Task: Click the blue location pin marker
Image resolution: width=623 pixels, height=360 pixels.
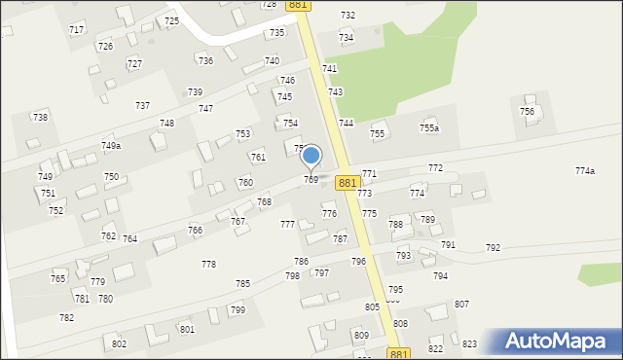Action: (311, 156)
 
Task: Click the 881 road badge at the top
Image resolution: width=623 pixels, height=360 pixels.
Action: (299, 5)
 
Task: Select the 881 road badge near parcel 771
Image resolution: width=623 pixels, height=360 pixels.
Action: (348, 182)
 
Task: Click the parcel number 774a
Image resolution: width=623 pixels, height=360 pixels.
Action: (584, 171)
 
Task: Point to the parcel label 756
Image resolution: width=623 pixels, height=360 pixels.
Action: (527, 112)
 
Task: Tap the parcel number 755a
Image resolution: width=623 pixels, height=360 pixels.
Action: (428, 128)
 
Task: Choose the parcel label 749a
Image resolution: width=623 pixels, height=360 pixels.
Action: (111, 146)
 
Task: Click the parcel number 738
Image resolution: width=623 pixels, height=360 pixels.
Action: (40, 117)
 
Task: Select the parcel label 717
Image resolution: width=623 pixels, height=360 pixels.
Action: (76, 30)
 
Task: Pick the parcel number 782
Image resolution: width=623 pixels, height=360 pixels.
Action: (66, 318)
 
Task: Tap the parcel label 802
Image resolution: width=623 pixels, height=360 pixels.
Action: (119, 344)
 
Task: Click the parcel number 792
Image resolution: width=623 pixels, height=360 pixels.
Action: (493, 248)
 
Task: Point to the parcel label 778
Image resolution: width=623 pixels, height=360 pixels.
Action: (208, 265)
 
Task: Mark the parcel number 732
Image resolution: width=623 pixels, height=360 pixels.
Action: (348, 16)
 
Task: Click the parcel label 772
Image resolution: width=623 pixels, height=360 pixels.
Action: (435, 168)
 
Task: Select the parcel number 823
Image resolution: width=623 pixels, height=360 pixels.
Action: (469, 344)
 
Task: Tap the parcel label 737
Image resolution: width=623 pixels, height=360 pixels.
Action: (142, 105)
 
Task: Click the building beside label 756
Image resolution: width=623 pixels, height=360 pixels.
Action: (530, 99)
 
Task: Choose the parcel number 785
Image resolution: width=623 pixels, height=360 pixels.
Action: (242, 284)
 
